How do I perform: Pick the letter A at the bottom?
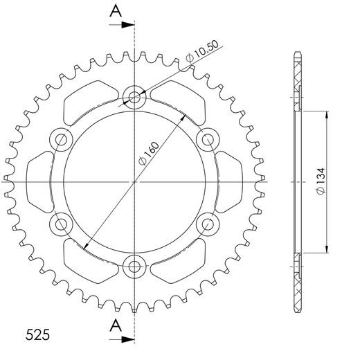coord(116,325)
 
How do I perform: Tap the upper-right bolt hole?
coord(206,140)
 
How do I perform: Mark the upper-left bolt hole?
coord(61,140)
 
